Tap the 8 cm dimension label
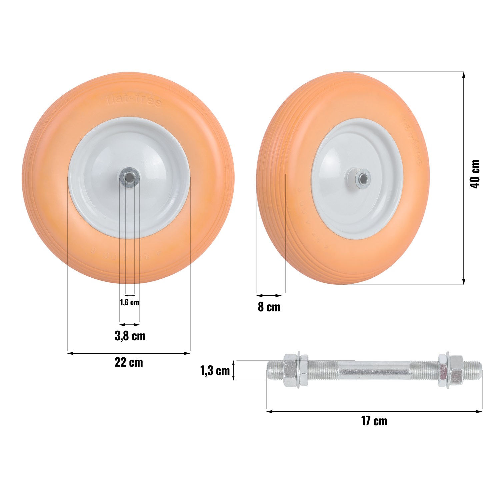coord(269,307)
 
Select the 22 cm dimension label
coord(129,362)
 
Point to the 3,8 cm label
coord(130,336)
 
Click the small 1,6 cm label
coord(129,303)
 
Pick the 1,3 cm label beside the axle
coord(215,371)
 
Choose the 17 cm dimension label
coord(374,421)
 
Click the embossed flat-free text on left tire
coord(134,101)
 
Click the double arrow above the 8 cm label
coord(269,295)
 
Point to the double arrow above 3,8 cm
coord(130,324)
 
